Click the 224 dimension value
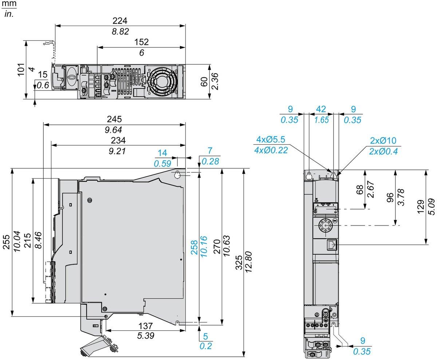[120, 20]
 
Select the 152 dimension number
[141, 42]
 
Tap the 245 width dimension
[114, 119]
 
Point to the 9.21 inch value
[117, 150]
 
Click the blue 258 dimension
[194, 247]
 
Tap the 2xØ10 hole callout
[383, 141]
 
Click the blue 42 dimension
[321, 109]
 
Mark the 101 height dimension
[20, 69]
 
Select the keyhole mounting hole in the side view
[177, 175]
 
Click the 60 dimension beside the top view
[204, 82]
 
